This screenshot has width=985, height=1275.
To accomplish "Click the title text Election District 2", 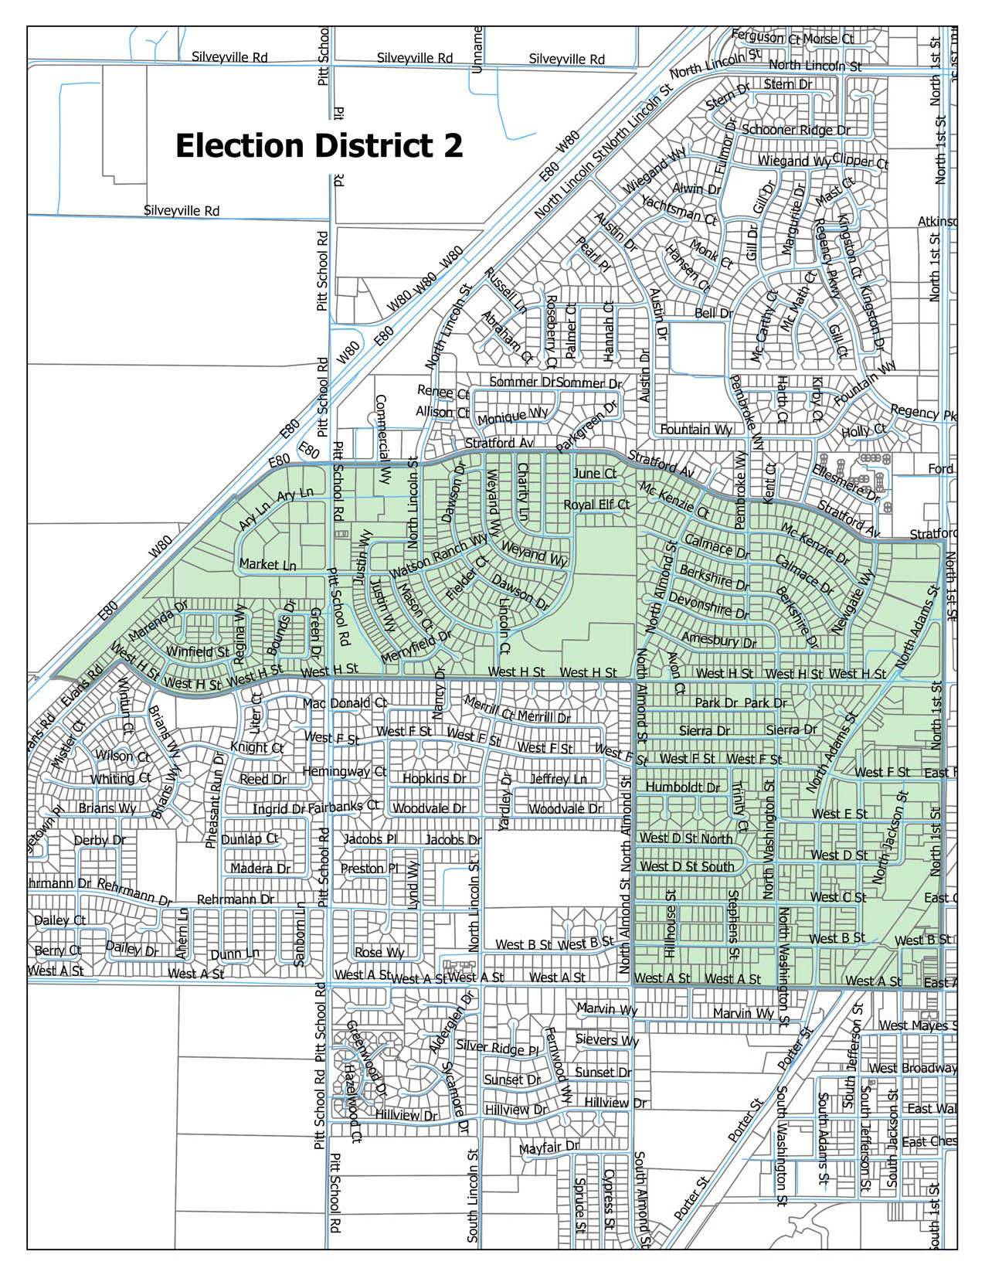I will tap(319, 146).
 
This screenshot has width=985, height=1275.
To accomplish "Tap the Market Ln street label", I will tap(267, 564).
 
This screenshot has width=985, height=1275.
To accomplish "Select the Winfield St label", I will tap(198, 651).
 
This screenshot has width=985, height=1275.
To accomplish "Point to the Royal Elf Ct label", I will tap(596, 505).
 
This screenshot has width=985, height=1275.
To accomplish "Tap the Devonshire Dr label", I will tap(708, 606).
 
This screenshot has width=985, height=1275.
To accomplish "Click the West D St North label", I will tap(686, 838).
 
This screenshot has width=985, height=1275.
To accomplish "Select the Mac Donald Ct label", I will tap(345, 703).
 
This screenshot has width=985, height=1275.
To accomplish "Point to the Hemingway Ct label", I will tap(344, 771).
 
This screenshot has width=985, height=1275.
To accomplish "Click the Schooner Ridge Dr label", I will tap(796, 130).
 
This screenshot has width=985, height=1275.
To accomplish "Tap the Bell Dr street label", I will tap(714, 313).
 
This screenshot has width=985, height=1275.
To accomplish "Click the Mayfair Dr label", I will tap(549, 1148).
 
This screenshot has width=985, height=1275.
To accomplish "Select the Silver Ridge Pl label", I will tap(497, 1048).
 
